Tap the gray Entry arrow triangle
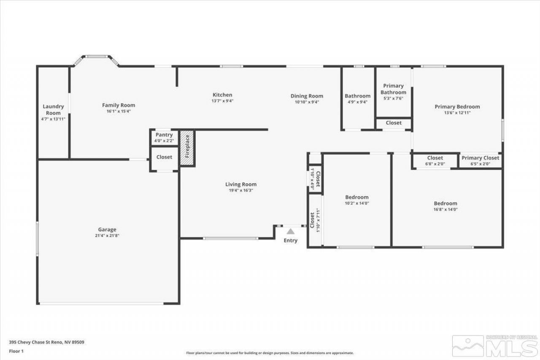click(290, 231)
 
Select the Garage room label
click(107, 230)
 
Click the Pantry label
click(164, 135)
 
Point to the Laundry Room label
click(53, 110)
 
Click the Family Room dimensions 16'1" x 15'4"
click(119, 111)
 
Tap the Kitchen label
click(222, 95)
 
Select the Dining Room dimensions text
click(307, 102)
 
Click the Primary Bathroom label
click(393, 89)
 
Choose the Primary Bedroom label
click(457, 107)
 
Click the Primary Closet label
click(480, 158)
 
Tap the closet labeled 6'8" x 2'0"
click(435, 161)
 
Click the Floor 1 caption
click(16, 351)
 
